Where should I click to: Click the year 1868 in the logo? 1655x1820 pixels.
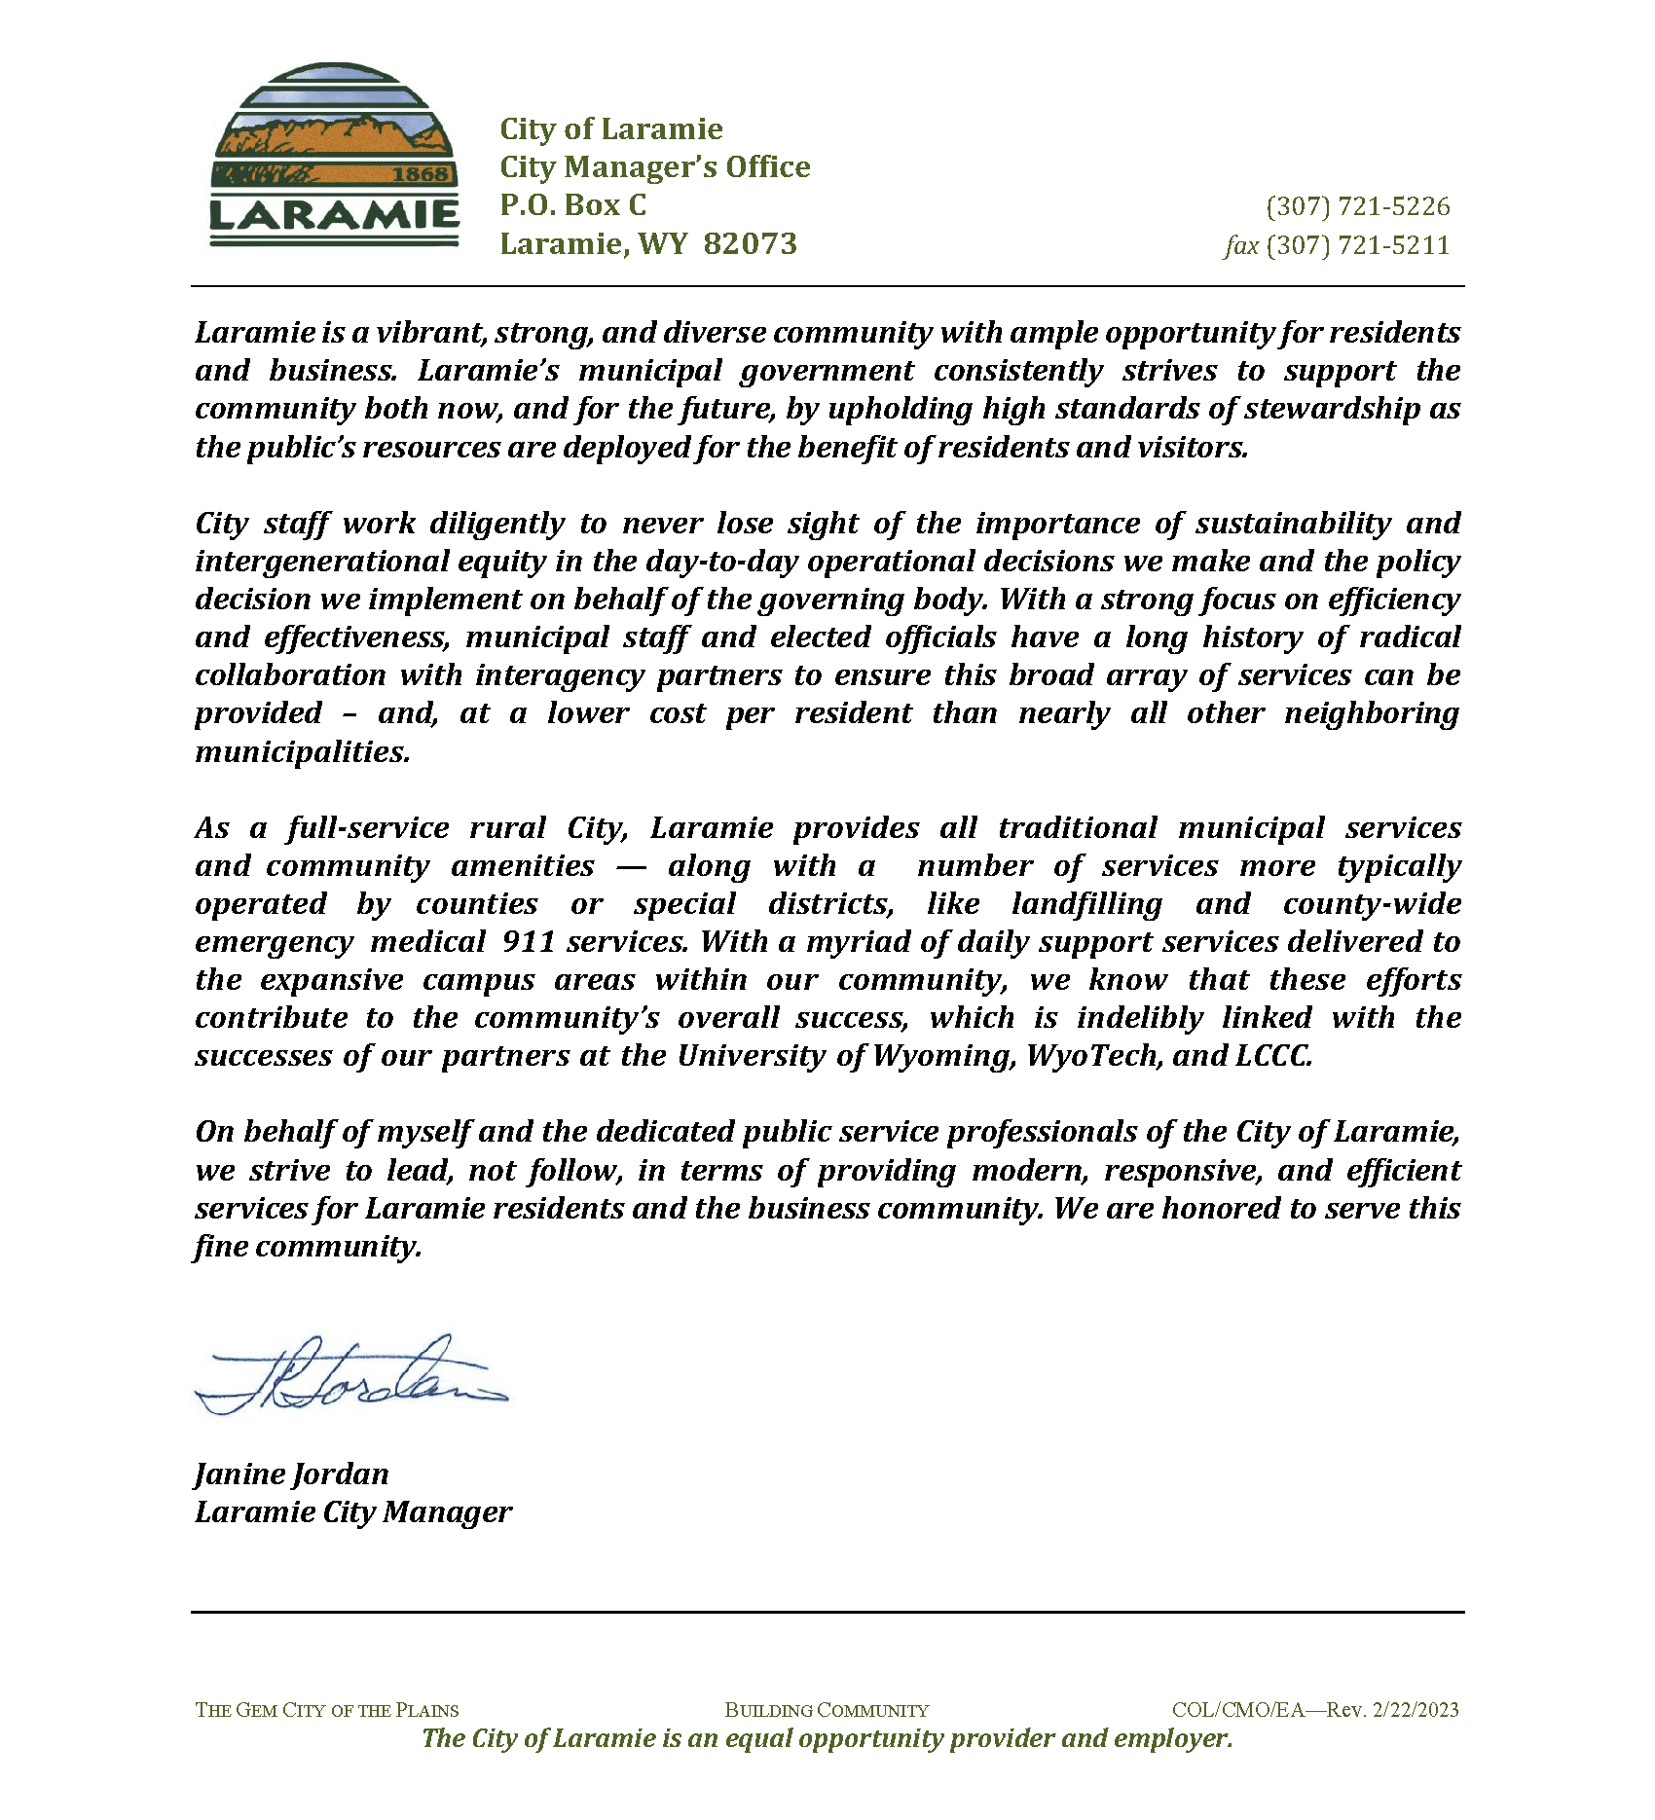pyautogui.click(x=422, y=174)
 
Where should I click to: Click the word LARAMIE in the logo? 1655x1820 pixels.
pyautogui.click(x=334, y=215)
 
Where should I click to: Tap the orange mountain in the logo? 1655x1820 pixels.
pyautogui.click(x=336, y=137)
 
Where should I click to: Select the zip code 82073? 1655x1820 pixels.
pyautogui.click(x=750, y=243)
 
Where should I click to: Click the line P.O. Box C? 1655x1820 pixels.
pyautogui.click(x=572, y=205)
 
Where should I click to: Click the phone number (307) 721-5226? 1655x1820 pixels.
pyautogui.click(x=1358, y=206)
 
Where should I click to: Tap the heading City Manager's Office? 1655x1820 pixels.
pyautogui.click(x=654, y=167)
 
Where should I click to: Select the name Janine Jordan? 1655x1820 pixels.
pyautogui.click(x=291, y=1474)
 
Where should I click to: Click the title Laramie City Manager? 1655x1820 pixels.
pyautogui.click(x=352, y=1512)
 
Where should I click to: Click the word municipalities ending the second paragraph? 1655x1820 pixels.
pyautogui.click(x=302, y=752)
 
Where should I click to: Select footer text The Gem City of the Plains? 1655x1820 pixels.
pyautogui.click(x=326, y=1710)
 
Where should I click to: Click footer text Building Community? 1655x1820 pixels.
pyautogui.click(x=827, y=1710)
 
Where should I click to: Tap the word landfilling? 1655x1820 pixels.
pyautogui.click(x=1086, y=904)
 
